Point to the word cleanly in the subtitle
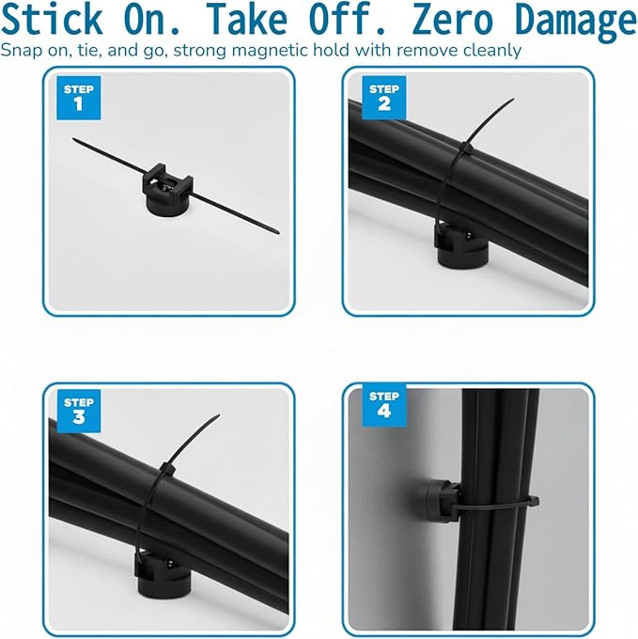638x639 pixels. tap(488, 49)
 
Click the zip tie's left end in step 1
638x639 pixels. tap(76, 141)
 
